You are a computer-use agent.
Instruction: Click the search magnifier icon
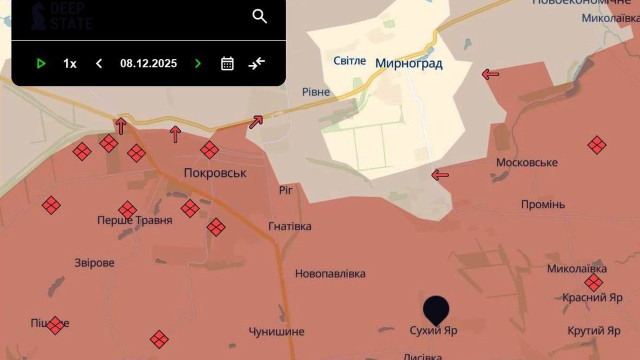[260, 16]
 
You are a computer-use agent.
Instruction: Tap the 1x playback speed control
[70, 63]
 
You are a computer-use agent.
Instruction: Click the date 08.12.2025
[148, 63]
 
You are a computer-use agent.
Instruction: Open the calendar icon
[227, 63]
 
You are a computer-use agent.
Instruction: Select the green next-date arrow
[198, 63]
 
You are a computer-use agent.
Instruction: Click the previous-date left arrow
[99, 63]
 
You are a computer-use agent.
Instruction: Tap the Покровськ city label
[214, 172]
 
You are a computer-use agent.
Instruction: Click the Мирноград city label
[408, 62]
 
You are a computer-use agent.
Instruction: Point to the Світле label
[349, 61]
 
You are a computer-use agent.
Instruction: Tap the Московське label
[527, 162]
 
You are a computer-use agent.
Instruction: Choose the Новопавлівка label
[330, 273]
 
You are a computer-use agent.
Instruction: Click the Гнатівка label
[290, 226]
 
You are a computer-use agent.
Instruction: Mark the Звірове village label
[95, 263]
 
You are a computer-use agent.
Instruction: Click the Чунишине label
[277, 331]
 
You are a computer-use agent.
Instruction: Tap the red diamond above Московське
[597, 145]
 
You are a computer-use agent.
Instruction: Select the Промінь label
[543, 204]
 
